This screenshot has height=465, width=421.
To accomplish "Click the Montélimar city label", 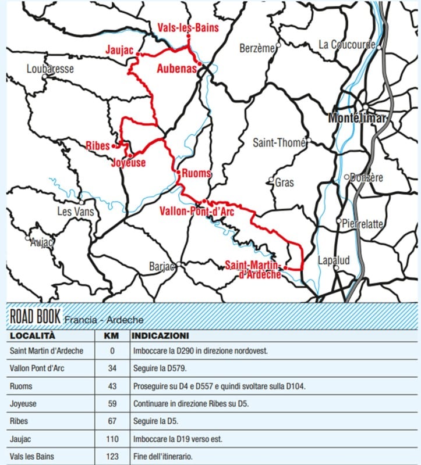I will (x=357, y=117).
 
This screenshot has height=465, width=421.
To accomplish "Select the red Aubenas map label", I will (x=175, y=69).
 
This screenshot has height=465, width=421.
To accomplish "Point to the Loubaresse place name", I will (x=50, y=69).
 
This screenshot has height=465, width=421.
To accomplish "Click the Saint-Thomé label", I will (x=275, y=143).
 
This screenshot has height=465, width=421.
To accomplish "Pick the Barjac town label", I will (x=162, y=266).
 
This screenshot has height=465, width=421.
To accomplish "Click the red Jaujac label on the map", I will (x=119, y=50).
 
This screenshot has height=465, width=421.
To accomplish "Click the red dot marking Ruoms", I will (x=177, y=171).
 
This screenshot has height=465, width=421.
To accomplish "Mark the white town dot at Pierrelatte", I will (x=339, y=221).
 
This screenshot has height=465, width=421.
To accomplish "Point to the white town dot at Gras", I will (x=271, y=180).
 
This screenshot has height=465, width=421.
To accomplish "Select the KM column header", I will (x=112, y=336).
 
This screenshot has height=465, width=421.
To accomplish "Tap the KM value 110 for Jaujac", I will (x=112, y=439).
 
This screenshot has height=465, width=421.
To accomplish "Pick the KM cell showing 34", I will (x=112, y=369).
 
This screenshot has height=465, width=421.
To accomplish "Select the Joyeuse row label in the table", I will (x=24, y=403).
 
